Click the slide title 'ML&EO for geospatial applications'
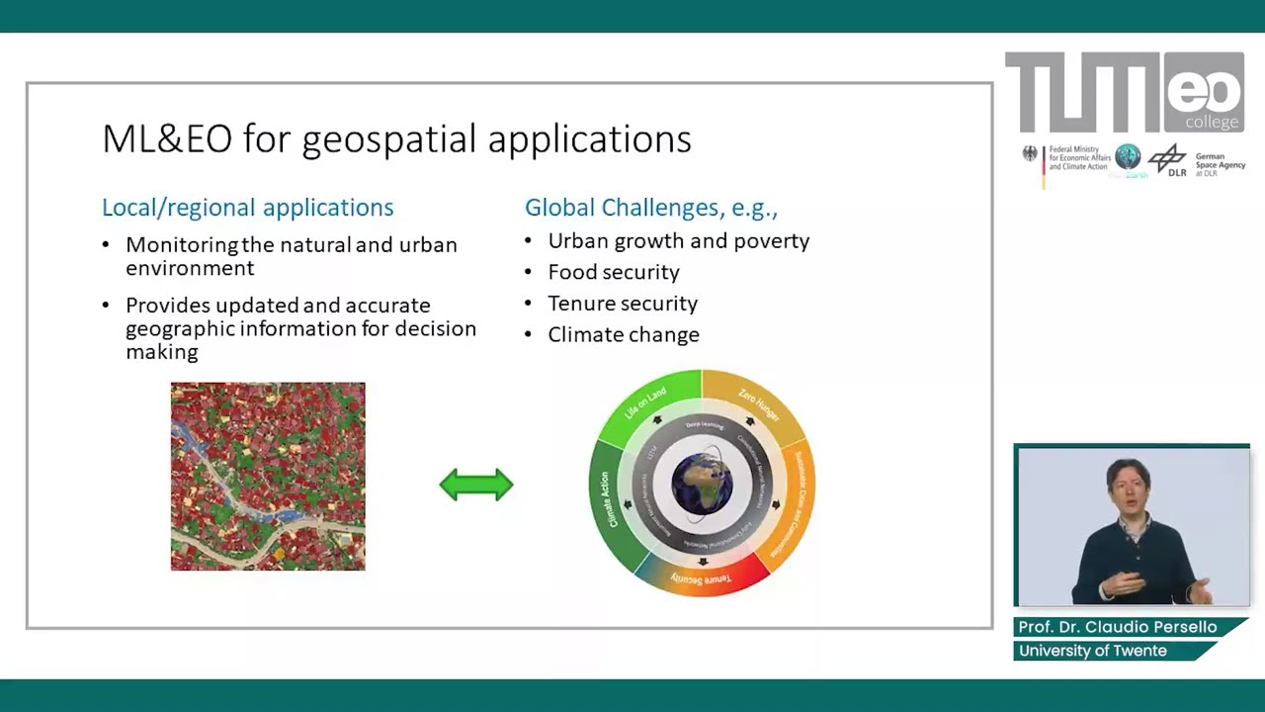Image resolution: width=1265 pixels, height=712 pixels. [396, 139]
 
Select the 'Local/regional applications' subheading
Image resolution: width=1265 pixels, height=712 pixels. [247, 208]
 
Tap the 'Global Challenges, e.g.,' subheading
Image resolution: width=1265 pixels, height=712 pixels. [650, 208]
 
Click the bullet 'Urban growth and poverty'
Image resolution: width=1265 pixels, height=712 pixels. [678, 241]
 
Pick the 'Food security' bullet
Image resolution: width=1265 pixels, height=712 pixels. [613, 272]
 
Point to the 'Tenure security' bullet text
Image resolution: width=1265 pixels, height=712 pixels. [622, 304]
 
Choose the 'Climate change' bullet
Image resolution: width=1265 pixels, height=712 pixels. [623, 335]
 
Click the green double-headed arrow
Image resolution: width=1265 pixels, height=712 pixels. [476, 485]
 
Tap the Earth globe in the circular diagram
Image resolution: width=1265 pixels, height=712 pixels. [702, 484]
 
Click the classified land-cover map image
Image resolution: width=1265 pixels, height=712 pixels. [268, 477]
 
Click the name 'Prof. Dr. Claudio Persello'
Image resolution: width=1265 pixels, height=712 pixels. [1117, 628]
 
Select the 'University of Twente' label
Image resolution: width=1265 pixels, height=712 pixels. [1092, 651]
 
